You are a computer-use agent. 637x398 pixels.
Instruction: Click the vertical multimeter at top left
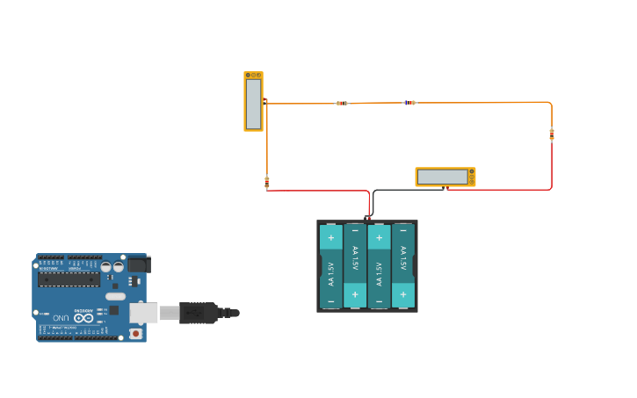pos(253,102)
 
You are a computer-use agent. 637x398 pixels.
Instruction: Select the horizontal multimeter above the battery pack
pos(445,177)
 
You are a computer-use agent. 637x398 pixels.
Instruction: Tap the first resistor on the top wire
pos(342,103)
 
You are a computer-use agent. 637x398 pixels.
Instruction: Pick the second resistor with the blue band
pos(409,103)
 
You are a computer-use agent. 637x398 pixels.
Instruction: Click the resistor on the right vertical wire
pos(552,134)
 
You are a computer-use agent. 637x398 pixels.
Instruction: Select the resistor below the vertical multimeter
pos(267,183)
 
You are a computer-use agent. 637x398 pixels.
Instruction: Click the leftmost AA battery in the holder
pos(331,266)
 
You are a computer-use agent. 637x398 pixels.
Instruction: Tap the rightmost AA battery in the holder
pos(402,266)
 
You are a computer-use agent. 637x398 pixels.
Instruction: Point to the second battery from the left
pos(355,266)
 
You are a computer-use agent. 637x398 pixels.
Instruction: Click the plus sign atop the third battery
pos(379,237)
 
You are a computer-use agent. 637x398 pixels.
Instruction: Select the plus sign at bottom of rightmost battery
pos(402,295)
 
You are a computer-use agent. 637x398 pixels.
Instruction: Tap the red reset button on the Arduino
pos(135,333)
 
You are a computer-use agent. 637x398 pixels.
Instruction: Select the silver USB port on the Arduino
pos(143,313)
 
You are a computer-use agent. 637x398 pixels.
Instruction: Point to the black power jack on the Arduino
pos(139,264)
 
